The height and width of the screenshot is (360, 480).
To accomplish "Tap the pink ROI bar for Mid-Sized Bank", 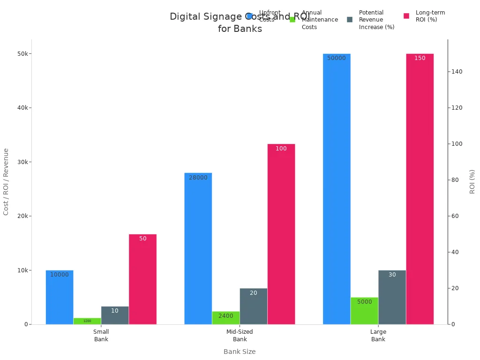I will (x=281, y=234).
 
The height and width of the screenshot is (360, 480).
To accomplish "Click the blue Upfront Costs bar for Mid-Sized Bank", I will (x=198, y=248).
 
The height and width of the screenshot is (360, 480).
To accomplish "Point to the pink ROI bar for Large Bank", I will (x=420, y=187).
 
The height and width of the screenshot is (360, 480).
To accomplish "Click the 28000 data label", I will (x=198, y=178).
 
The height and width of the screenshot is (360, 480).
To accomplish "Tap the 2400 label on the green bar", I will (x=225, y=316).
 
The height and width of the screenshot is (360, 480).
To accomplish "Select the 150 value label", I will (x=420, y=58).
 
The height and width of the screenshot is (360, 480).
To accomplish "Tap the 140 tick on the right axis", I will (x=457, y=72).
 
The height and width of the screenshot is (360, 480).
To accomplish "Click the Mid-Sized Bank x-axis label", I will (x=240, y=336).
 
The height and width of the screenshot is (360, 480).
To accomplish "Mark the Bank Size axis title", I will (x=240, y=352).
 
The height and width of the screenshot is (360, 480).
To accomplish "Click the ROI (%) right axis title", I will (x=472, y=181).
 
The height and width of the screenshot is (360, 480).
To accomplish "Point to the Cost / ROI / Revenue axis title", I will (x=6, y=181).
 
